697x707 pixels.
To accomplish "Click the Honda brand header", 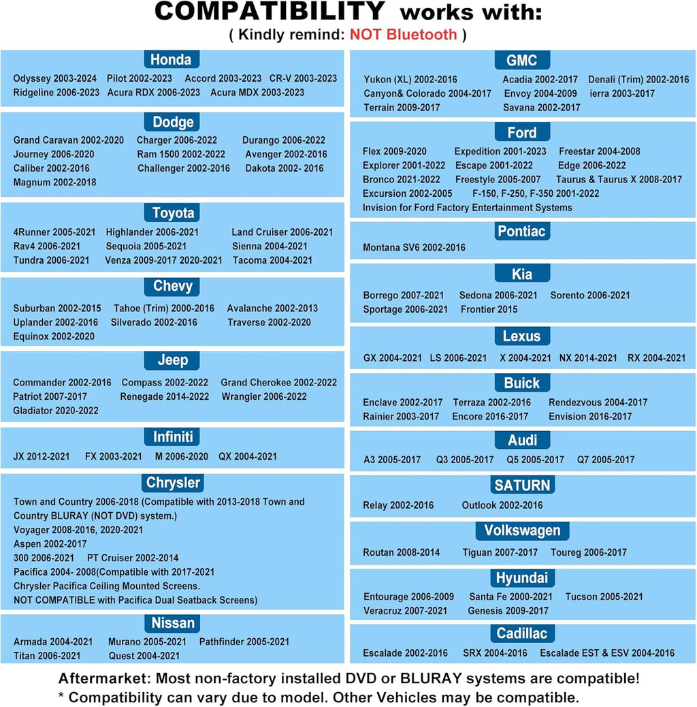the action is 172,59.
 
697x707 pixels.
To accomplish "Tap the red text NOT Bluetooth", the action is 403,34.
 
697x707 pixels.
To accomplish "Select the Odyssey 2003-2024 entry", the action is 55,78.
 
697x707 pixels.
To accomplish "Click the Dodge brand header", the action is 173,122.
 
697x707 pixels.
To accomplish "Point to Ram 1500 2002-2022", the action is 181,154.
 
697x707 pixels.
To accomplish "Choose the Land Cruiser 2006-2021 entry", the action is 282,232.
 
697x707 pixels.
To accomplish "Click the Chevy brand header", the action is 173,286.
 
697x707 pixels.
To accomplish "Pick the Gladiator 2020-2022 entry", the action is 56,411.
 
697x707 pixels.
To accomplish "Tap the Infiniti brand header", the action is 173,437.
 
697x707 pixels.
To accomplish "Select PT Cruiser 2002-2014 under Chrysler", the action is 133,558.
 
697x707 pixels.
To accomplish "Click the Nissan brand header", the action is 173,623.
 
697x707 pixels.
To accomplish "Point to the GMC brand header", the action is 522,60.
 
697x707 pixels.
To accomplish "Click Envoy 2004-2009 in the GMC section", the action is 540,93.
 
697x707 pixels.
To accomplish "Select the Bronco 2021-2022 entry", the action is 402,179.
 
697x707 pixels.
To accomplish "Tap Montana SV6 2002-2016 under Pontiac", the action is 414,247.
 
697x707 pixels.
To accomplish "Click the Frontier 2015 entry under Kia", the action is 489,309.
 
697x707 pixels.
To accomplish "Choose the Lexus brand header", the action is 522,336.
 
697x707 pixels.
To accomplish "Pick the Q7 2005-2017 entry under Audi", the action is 606,460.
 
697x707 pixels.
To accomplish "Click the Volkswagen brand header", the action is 522,531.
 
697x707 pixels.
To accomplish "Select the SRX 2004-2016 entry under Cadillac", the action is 495,653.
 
